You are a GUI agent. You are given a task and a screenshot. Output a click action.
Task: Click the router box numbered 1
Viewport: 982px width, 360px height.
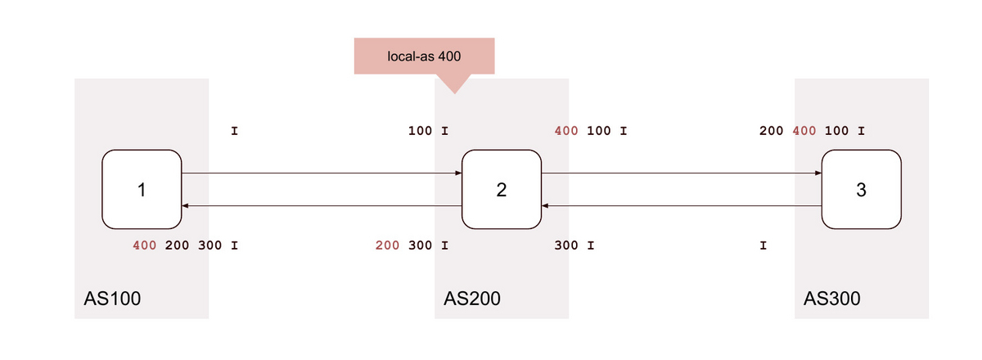coord(142,190)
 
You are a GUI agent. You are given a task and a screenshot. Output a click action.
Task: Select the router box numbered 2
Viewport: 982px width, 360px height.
coord(502,190)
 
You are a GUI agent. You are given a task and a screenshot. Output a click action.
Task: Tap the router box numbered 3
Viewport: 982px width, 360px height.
coord(862,190)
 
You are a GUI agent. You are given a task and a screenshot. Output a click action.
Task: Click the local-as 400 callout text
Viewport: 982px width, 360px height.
coord(424,56)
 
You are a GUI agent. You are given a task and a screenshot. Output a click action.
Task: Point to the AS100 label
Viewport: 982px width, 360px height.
coord(112,299)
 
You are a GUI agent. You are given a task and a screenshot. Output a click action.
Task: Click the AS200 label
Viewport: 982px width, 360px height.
coord(472,299)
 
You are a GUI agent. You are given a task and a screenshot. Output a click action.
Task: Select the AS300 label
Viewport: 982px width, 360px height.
coord(832,299)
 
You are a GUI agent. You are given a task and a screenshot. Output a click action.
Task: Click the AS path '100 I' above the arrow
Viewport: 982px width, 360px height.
coord(428,131)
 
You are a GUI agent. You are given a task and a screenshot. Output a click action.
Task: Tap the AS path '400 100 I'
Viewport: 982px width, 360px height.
coord(591,131)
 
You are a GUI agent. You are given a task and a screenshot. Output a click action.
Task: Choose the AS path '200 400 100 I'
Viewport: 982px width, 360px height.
coord(812,131)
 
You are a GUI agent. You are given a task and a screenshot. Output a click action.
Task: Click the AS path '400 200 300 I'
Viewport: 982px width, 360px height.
coord(186,245)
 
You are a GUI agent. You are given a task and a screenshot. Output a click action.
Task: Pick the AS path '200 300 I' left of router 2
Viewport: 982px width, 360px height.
coord(412,245)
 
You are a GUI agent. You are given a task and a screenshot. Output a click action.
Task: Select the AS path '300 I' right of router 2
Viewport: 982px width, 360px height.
coord(574,245)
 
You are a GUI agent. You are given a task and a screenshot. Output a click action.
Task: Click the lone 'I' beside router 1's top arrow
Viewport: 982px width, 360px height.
coord(235,131)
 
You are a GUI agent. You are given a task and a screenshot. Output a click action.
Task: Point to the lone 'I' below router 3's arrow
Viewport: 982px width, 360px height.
coord(764,245)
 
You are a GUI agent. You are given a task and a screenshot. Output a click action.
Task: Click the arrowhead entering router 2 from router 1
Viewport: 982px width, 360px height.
coord(458,173)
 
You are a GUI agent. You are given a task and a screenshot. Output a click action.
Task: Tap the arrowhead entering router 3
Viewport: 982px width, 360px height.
coord(818,173)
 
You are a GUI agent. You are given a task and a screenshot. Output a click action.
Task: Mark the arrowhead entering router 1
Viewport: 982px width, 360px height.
coord(185,205)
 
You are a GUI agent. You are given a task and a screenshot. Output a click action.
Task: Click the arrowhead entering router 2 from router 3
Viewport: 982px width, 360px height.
coord(545,205)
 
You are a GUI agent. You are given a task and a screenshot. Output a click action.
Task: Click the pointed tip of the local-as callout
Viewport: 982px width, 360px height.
coord(455,93)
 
